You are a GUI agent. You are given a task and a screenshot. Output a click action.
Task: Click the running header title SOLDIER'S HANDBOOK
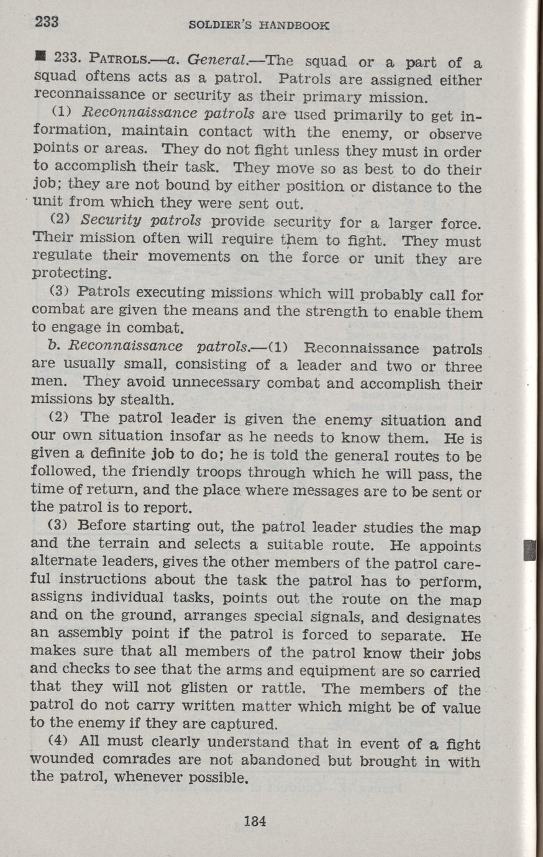click(x=258, y=26)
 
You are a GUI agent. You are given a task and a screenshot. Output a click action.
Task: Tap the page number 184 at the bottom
click(x=255, y=820)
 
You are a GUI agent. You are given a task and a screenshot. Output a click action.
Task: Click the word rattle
click(x=278, y=687)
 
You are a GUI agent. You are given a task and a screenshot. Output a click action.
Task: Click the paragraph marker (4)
click(x=58, y=741)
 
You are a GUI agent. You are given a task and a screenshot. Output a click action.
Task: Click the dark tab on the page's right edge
click(x=529, y=551)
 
